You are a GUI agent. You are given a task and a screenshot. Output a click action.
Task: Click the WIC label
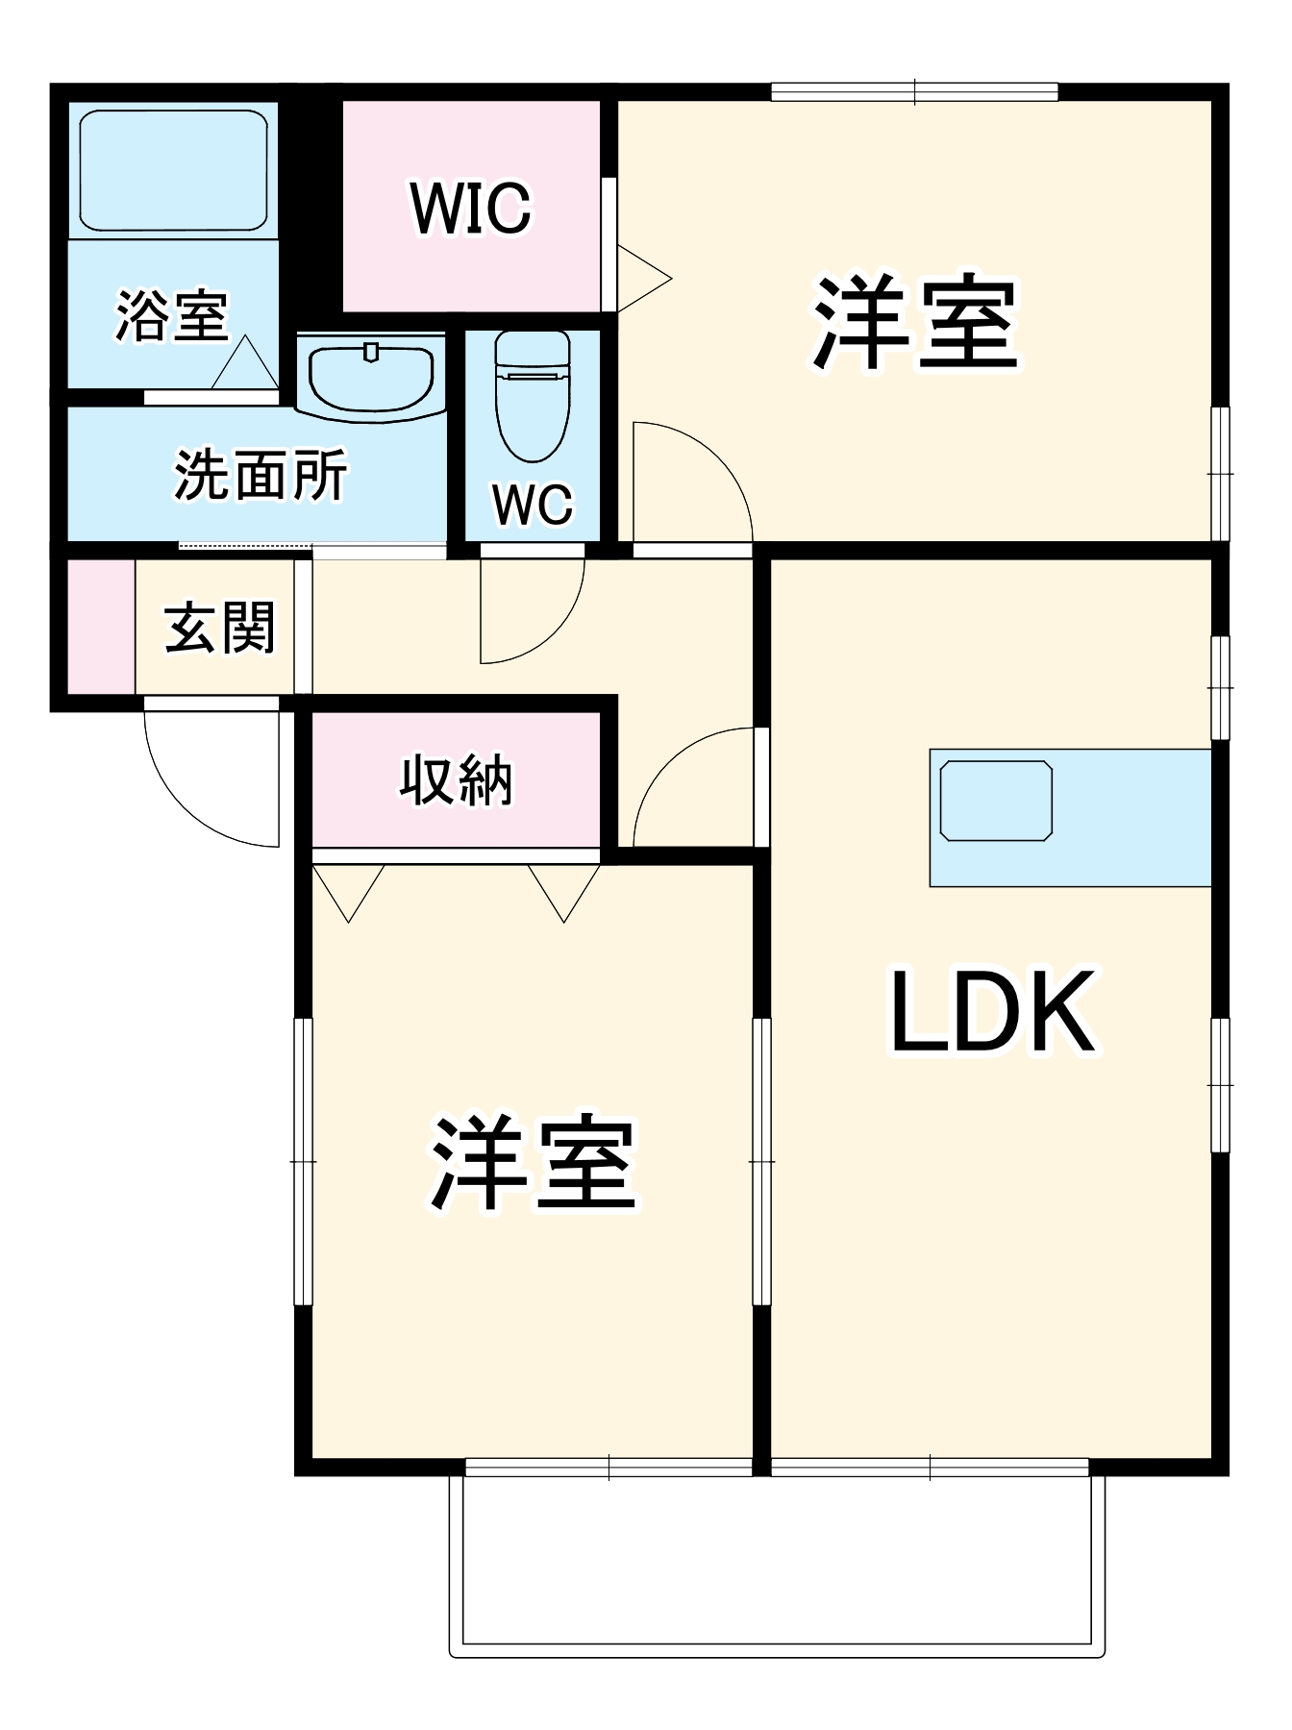[x=470, y=207]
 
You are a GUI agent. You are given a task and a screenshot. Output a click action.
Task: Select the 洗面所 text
[x=260, y=475]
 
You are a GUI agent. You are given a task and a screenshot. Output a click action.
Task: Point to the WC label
[x=533, y=504]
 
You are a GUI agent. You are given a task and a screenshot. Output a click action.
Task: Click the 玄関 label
[x=220, y=629]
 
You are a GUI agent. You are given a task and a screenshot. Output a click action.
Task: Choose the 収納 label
[x=456, y=779]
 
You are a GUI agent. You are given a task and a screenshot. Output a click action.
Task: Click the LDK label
[x=992, y=1012]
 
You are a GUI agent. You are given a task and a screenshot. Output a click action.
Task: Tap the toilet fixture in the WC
[x=532, y=394]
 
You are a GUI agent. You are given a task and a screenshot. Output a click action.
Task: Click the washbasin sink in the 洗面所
[x=371, y=378]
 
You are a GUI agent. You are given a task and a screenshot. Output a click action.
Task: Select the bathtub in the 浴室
[x=173, y=170]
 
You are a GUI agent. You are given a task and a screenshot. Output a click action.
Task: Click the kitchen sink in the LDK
[x=996, y=801]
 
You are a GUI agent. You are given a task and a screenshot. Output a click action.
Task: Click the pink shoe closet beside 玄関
[x=101, y=626]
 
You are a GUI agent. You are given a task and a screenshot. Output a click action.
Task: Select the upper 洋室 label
[x=914, y=324]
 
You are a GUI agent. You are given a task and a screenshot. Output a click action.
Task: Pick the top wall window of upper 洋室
[x=914, y=92]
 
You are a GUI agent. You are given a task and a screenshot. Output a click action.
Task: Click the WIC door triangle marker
[x=641, y=279]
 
